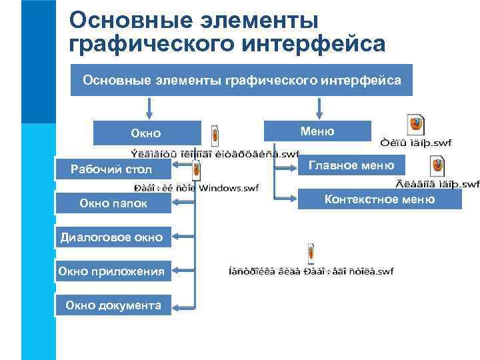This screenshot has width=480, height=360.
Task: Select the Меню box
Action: (x=317, y=131)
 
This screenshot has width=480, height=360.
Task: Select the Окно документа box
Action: (x=113, y=305)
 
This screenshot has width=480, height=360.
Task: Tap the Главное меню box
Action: (x=351, y=165)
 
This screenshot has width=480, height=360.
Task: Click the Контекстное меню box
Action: (x=379, y=199)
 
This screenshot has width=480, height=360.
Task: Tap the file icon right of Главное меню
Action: (x=437, y=165)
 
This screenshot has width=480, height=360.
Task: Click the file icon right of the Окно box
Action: (x=215, y=135)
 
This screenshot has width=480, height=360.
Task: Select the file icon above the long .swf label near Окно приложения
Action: (x=311, y=254)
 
